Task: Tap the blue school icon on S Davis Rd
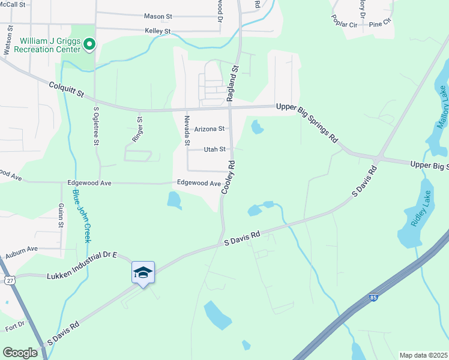click(143, 272)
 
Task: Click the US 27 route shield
click(9, 280)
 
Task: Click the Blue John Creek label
click(81, 216)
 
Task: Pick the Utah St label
click(214, 149)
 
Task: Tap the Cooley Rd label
click(228, 177)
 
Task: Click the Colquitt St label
click(67, 91)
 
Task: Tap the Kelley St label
click(158, 31)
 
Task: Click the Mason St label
click(158, 16)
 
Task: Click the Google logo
click(20, 353)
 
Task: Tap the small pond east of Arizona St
click(258, 127)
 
